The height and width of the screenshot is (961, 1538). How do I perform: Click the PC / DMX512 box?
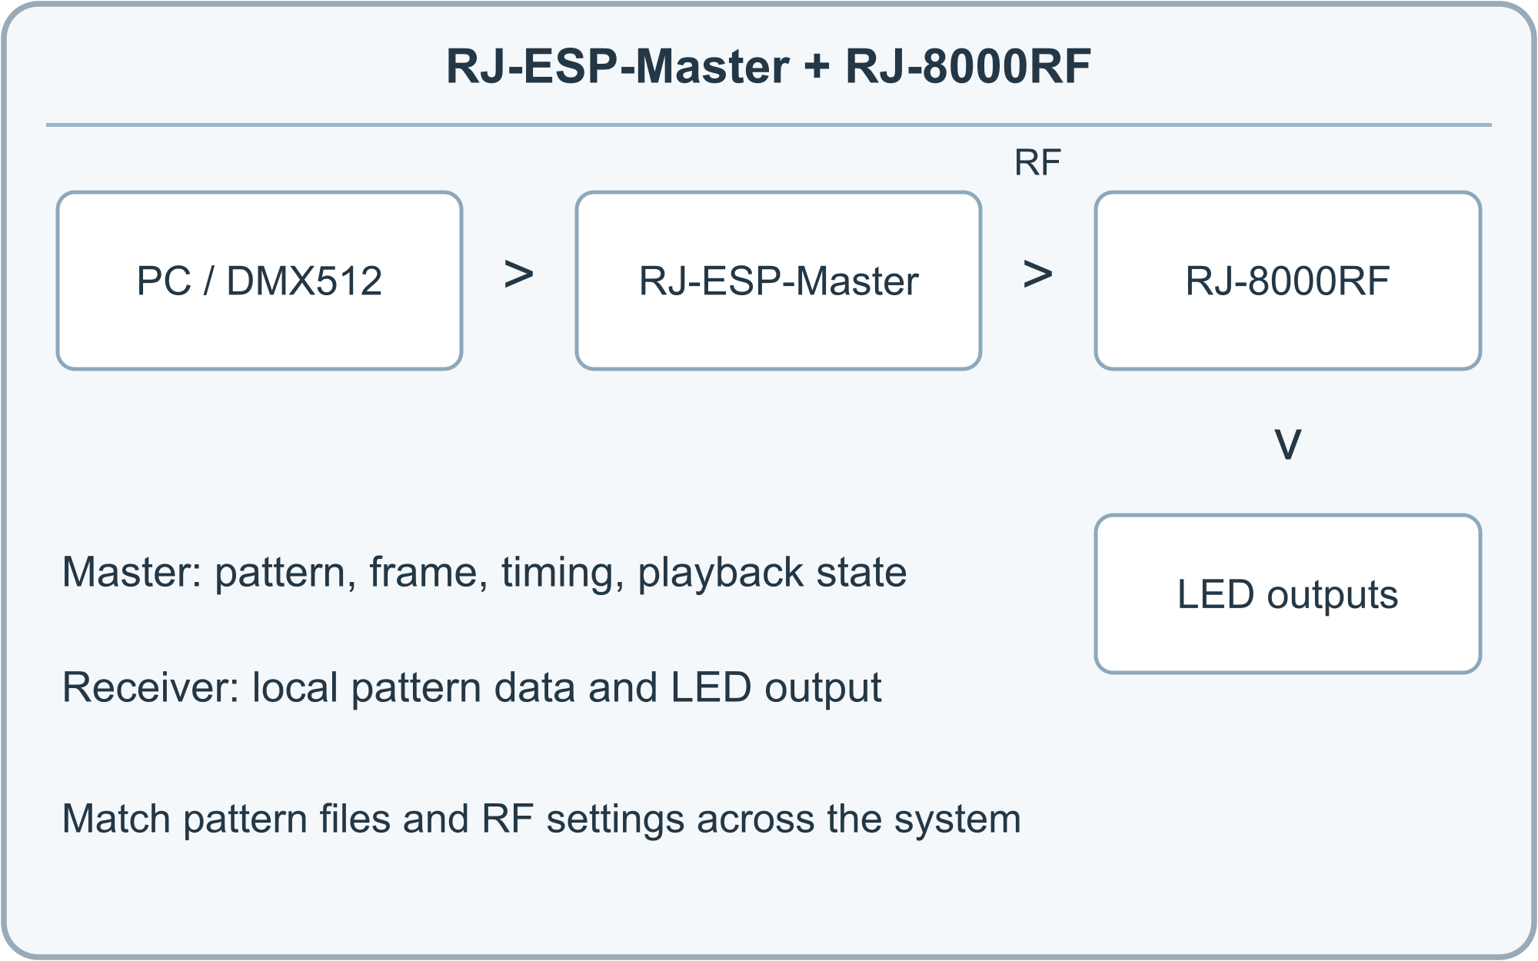coord(260,281)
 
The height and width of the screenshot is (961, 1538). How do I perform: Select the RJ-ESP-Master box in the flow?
coord(778,281)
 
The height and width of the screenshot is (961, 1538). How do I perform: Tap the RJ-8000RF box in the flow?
coord(1288,281)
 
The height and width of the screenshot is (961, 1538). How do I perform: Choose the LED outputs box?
coord(1288,594)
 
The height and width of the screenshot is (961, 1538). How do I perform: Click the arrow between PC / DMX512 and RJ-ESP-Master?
coord(519,274)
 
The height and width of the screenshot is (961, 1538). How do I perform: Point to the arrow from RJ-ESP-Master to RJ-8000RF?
coord(1038,274)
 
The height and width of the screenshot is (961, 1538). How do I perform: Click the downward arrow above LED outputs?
coord(1288,444)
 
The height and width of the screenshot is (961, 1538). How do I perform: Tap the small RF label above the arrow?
coord(1037,163)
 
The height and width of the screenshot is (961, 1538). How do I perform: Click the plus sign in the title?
coord(817,66)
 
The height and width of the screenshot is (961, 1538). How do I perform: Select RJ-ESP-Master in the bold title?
coord(618,66)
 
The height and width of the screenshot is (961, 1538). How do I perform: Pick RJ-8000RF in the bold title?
coord(968,66)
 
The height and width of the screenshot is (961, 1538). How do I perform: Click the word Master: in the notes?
coord(131,572)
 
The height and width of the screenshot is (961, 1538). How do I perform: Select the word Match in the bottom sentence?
coord(116,819)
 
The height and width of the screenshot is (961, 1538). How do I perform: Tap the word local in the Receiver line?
coord(295,687)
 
